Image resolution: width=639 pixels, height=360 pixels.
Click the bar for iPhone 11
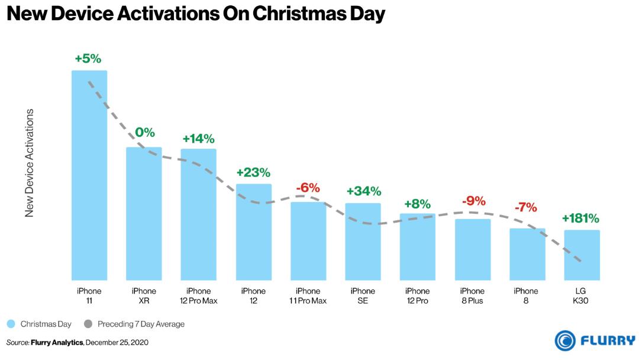89,175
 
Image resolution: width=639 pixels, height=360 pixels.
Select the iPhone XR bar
144,214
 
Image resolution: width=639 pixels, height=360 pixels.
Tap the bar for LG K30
582,255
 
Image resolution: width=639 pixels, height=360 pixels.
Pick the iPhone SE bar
363,242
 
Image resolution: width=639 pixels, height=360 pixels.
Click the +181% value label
580,218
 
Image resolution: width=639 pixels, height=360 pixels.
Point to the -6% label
308,188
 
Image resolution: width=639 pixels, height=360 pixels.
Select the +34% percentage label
364,191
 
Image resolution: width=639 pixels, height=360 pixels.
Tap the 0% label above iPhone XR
145,132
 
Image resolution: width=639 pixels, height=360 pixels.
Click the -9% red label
474,201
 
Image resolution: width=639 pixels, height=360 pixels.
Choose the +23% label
253,172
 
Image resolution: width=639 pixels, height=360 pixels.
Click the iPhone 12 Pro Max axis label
198,296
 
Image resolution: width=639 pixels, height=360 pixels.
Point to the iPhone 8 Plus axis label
472,296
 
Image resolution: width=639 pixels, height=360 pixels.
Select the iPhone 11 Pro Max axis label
308,296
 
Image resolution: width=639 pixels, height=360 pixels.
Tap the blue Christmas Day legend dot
11,324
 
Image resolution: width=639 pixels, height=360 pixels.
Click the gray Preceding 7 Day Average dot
88,324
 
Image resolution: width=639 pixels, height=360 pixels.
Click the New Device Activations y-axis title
30,163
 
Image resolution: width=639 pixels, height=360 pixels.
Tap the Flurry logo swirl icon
565,340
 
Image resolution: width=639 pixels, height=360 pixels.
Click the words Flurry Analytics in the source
57,342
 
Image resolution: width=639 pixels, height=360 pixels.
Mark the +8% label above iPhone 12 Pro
417,204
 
